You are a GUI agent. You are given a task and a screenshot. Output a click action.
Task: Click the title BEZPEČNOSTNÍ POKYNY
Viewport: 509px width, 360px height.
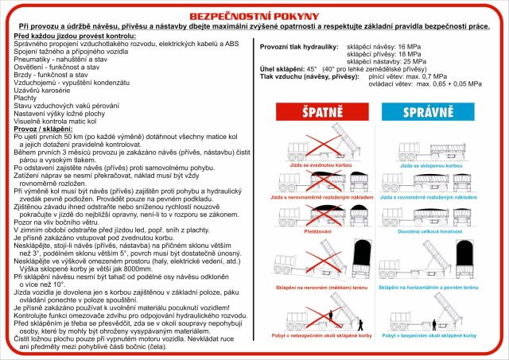coord(254,15)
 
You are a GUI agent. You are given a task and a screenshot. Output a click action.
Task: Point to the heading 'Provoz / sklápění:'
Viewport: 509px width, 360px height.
coord(45,129)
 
